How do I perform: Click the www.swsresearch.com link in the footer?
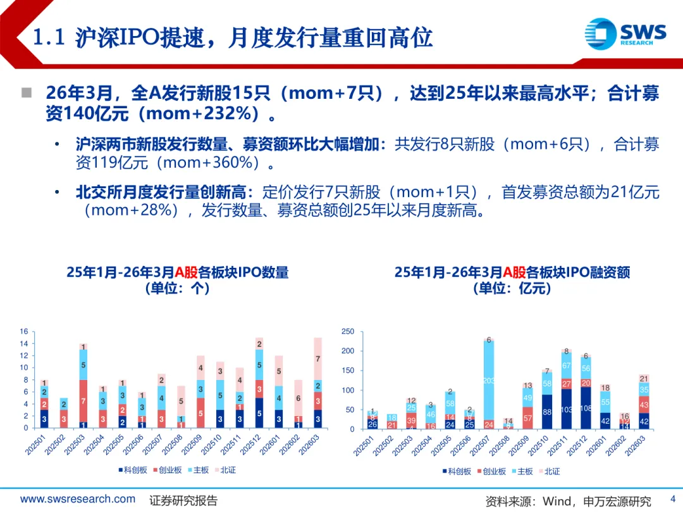[x=78, y=499]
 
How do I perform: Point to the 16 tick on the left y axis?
[x=24, y=331]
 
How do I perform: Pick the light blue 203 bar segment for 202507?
[x=489, y=381]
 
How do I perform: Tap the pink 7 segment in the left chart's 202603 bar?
[x=317, y=359]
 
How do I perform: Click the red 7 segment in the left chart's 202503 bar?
[x=83, y=400]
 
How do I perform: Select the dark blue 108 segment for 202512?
[x=586, y=408]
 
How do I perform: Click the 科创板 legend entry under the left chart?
[x=133, y=471]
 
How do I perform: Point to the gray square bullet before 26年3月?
[x=27, y=94]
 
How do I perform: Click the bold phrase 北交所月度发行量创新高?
[x=164, y=193]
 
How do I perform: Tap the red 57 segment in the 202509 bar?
[x=527, y=418]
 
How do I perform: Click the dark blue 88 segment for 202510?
[x=546, y=412]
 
